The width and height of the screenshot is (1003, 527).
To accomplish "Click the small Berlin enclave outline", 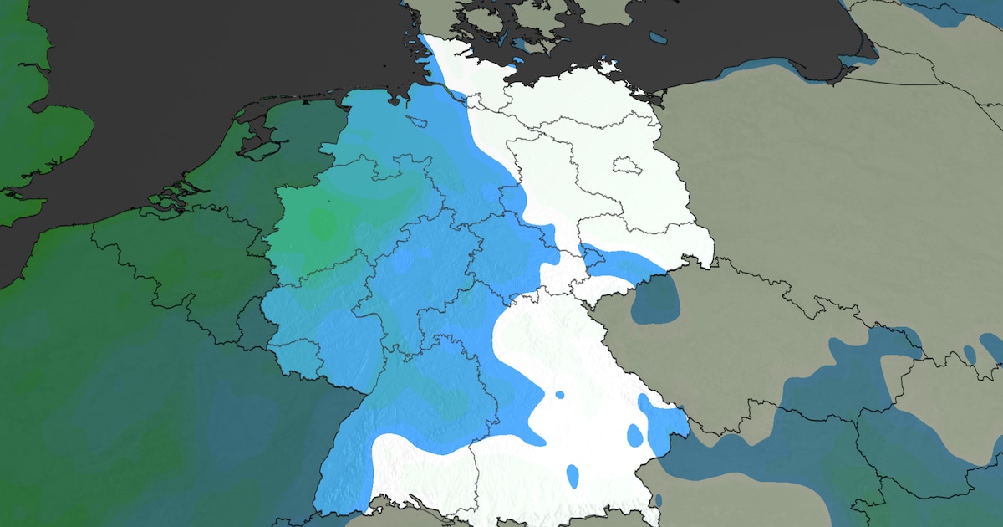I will point(624,165).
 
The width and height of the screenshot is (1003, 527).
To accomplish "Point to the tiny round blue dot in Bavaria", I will point(559,394).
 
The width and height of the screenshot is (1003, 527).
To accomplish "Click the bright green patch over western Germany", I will point(322,223).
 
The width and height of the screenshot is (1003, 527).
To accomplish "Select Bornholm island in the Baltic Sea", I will point(658,38).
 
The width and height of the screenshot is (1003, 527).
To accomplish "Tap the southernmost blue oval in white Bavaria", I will point(573,475).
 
